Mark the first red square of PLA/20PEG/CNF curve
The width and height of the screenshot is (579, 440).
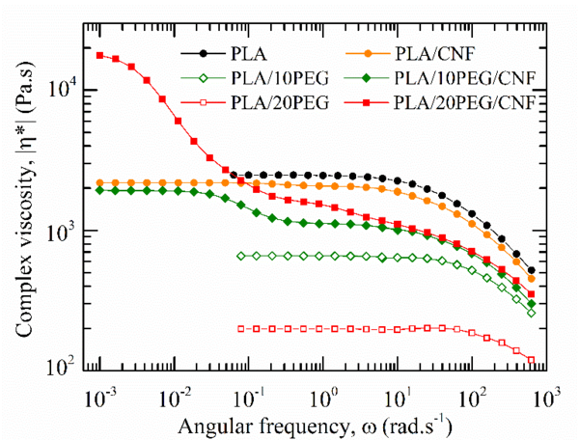[x=100, y=55]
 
